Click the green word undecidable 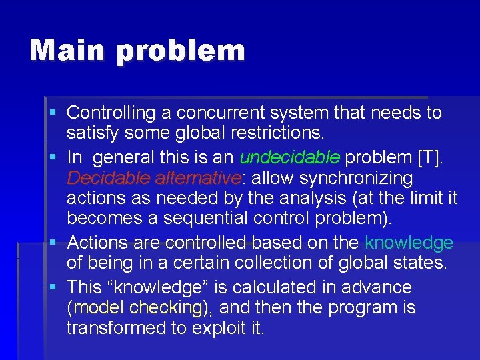pyautogui.click(x=290, y=158)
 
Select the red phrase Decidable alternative pyautogui.click(x=153, y=178)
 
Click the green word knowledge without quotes pyautogui.click(x=409, y=243)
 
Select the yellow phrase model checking pyautogui.click(x=138, y=307)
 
